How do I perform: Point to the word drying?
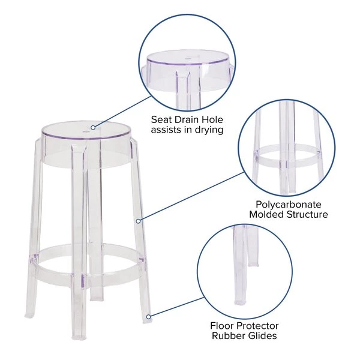tap(209, 130)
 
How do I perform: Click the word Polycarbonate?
tap(289, 205)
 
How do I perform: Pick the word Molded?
tap(266, 215)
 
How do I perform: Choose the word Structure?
tap(307, 215)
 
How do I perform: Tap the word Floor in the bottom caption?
tap(221, 326)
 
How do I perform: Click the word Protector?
tap(257, 326)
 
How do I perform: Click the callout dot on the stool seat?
tap(93, 127)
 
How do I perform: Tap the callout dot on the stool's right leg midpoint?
tap(138, 221)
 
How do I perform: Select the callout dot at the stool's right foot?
tap(149, 317)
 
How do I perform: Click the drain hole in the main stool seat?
tap(86, 132)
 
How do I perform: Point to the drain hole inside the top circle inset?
tap(188, 59)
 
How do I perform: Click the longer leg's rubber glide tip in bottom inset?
tap(239, 302)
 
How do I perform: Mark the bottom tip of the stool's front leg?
tap(79, 338)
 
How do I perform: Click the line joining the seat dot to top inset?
tap(122, 112)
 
